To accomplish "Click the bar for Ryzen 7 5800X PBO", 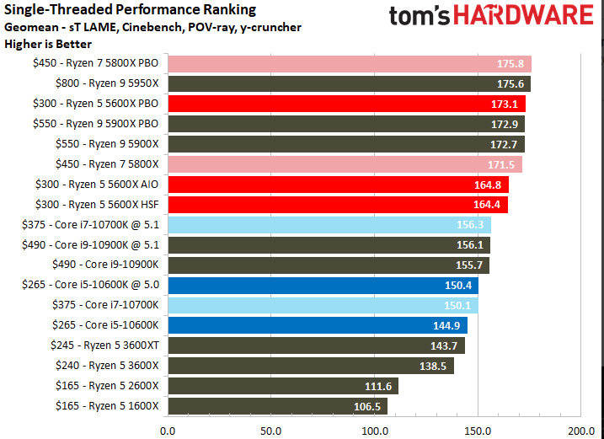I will click(349, 63).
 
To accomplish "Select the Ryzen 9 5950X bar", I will click(349, 83).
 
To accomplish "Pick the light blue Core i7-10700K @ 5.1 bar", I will click(329, 224).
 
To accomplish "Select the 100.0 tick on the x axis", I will click(374, 431).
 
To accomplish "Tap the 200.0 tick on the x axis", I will click(580, 431).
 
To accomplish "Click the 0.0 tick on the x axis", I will click(168, 431).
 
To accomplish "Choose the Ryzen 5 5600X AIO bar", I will click(338, 184).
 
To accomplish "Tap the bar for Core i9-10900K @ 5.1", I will click(329, 244).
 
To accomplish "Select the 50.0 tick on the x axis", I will click(270, 431).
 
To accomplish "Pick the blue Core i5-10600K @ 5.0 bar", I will click(323, 285).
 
